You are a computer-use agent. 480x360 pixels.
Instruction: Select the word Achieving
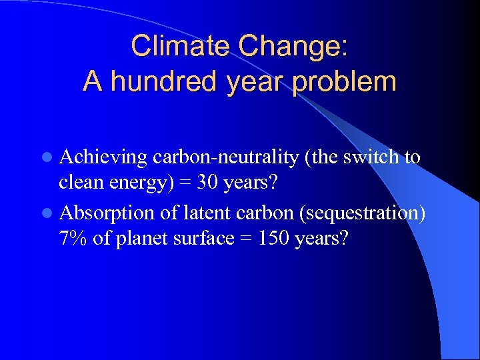(x=103, y=157)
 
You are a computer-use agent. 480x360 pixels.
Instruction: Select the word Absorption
(x=107, y=213)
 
